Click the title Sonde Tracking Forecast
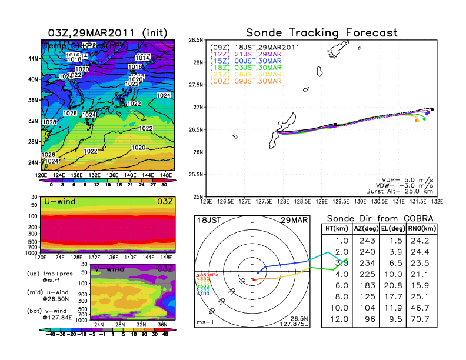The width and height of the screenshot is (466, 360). [x=321, y=32]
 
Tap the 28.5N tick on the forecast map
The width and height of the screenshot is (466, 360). [x=195, y=39]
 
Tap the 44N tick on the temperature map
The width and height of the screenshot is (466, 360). [x=33, y=59]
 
